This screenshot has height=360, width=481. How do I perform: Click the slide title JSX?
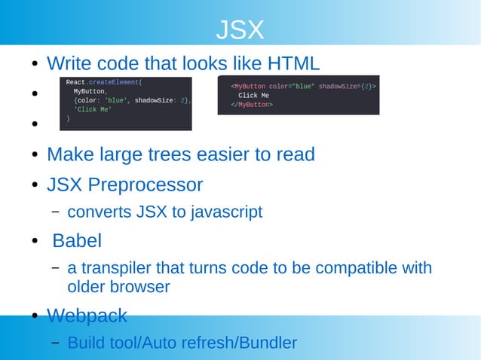pyautogui.click(x=240, y=30)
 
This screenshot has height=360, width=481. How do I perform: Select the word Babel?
pyautogui.click(x=77, y=241)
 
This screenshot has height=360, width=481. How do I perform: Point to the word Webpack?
pyautogui.click(x=87, y=315)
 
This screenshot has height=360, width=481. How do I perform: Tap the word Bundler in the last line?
pyautogui.click(x=267, y=343)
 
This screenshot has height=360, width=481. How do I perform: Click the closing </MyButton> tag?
pyautogui.click(x=252, y=105)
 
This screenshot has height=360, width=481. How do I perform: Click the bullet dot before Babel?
pyautogui.click(x=35, y=242)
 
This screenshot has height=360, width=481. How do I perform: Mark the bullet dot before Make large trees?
pyautogui.click(x=35, y=155)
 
